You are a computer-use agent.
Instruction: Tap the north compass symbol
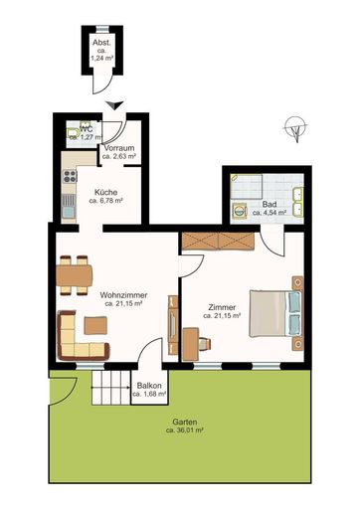point(291,127)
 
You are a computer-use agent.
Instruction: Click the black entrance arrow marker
point(116,104)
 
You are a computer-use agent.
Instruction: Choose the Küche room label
point(105,195)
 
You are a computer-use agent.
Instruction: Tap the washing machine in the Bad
point(242,209)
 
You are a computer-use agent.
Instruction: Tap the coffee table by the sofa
point(95,324)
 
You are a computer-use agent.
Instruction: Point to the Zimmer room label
point(223,309)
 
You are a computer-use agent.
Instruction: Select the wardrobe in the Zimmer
point(218,241)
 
